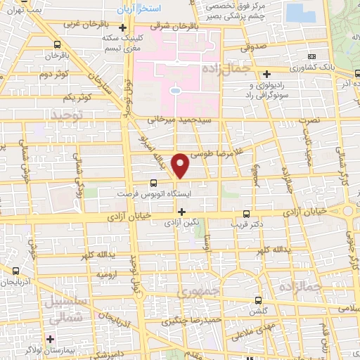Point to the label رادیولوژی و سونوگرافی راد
[272, 89]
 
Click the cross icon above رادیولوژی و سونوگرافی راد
[267, 74]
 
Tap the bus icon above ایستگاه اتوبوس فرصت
[155, 181]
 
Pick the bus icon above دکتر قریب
[245, 214]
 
